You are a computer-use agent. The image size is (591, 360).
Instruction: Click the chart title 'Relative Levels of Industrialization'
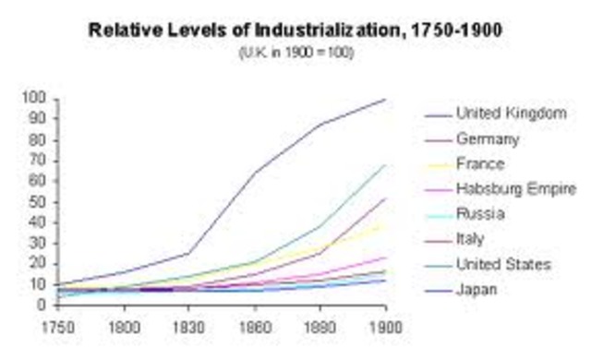(295, 30)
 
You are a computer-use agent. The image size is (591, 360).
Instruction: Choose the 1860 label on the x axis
(255, 325)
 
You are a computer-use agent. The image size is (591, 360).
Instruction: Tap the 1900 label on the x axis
(385, 325)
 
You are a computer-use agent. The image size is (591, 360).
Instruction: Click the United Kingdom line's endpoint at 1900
(385, 99)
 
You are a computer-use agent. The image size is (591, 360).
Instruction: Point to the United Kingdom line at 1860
(255, 171)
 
